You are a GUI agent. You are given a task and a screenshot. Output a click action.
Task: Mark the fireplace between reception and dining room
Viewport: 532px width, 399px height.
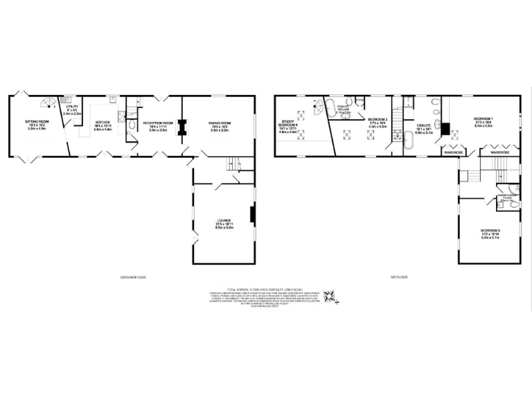pyautogui.click(x=182, y=127)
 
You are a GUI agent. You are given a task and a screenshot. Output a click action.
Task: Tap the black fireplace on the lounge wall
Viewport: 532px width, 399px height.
pyautogui.click(x=251, y=215)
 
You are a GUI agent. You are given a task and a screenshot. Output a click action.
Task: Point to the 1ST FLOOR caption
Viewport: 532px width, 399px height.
pyautogui.click(x=396, y=277)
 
